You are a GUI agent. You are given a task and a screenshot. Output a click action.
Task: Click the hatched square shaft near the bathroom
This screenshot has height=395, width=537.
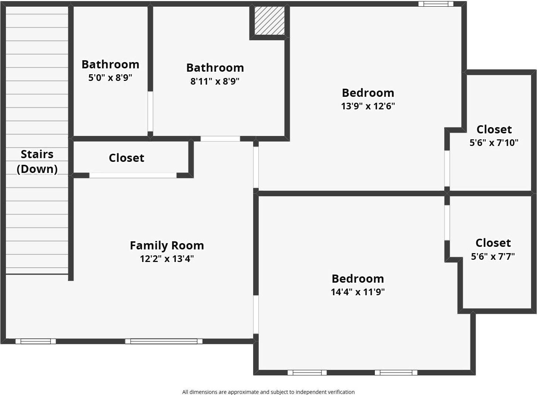click(x=269, y=21)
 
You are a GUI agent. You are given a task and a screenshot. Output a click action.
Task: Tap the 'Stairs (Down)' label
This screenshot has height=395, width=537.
click(x=37, y=161)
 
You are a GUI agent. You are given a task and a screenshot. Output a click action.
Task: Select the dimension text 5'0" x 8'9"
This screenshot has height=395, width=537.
click(x=110, y=78)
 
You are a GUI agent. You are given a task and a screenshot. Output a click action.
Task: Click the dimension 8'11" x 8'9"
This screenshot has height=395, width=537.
click(x=215, y=81)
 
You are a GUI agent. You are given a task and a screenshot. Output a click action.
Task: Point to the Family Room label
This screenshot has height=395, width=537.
click(x=167, y=245)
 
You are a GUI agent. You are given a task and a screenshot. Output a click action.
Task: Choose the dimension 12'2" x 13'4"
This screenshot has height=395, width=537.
click(x=167, y=259)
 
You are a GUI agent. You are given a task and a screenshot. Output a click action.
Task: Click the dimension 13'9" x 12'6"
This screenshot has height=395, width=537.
click(x=368, y=106)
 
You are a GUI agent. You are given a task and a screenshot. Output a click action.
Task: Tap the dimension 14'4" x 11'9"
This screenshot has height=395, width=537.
click(x=357, y=292)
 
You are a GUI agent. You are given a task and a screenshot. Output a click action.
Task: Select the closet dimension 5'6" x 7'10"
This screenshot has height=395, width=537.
click(x=494, y=143)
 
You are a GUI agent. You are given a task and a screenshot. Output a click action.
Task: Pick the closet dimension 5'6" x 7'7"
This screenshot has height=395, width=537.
click(x=493, y=256)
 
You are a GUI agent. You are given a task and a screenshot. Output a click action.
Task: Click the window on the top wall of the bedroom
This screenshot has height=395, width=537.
click(x=435, y=4)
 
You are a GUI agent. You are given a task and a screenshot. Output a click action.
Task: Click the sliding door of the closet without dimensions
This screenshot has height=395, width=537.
click(x=133, y=175)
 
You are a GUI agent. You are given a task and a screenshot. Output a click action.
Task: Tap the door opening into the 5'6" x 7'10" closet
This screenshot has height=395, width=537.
click(x=447, y=168)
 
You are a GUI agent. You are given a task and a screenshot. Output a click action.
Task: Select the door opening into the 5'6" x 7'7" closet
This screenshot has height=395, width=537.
click(x=447, y=222)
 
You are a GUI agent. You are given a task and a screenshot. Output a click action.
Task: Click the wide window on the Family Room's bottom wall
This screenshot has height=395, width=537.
click(x=164, y=341)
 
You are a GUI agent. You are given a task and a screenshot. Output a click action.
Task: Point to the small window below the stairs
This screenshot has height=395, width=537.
click(x=35, y=341)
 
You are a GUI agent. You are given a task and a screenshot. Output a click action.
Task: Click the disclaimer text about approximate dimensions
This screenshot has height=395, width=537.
click(x=268, y=392)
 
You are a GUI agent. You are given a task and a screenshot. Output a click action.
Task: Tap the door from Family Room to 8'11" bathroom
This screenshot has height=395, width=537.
click(x=220, y=139)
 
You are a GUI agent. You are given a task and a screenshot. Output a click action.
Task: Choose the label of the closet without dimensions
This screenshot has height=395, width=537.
click(x=126, y=158)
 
